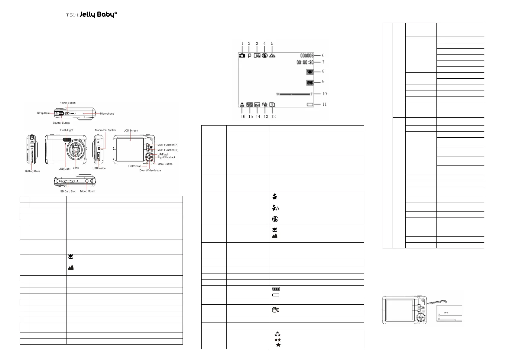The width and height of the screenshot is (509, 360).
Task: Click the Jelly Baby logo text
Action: click(x=98, y=15)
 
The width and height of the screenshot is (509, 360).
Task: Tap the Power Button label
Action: click(x=67, y=103)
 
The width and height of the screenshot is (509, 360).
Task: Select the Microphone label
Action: click(x=107, y=114)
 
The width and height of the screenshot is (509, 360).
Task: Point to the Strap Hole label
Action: click(x=43, y=113)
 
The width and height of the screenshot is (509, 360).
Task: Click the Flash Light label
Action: click(x=66, y=130)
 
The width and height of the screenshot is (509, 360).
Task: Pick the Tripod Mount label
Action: click(x=87, y=191)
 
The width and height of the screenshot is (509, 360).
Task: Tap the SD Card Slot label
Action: click(x=68, y=191)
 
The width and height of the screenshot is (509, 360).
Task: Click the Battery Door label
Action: click(x=32, y=171)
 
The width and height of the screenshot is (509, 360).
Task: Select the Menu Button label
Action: click(x=165, y=164)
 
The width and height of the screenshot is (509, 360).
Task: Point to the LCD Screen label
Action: click(x=131, y=131)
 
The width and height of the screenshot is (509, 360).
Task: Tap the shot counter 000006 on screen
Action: click(x=307, y=55)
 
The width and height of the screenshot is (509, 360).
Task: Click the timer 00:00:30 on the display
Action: click(x=305, y=62)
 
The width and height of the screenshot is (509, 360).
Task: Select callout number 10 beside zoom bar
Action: click(x=324, y=94)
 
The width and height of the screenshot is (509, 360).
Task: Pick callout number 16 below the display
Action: click(x=243, y=116)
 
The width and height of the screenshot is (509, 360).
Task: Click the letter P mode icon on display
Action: click(x=249, y=56)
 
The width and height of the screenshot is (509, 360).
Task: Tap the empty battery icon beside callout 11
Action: click(x=310, y=105)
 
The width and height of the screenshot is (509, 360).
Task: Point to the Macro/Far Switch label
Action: click(x=105, y=130)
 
